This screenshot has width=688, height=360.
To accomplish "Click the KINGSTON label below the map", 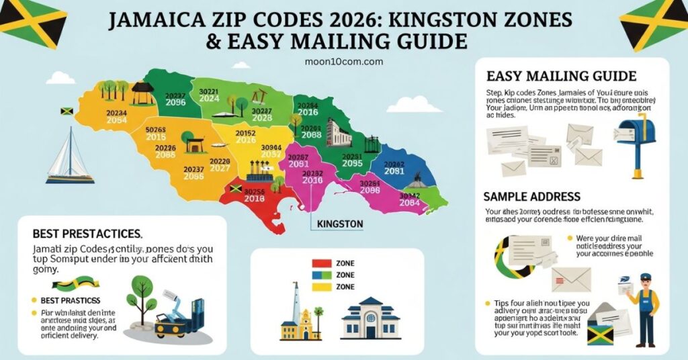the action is pos(340,224).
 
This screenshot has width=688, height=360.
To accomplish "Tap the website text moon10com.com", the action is pos(343,61).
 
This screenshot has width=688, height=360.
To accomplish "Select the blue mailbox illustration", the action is pos(635,144).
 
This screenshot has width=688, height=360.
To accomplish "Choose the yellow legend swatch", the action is pos(322,287).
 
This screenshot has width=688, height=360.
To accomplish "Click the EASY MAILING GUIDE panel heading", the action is pos(560,77).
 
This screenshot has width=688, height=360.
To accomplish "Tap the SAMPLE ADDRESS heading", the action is pos(531,197).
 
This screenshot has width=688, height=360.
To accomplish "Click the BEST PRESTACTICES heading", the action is pos(87,234).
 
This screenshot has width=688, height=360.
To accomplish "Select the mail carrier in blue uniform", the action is pos(644,308).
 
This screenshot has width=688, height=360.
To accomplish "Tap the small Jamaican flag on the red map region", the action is pos(236,189).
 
